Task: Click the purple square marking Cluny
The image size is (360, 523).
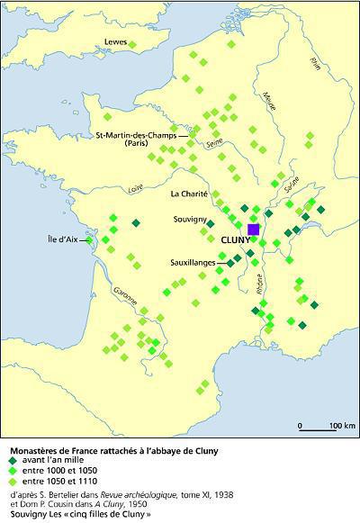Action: (254, 230)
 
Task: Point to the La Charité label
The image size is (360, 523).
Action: (189, 194)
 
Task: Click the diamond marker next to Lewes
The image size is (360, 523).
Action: (133, 43)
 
